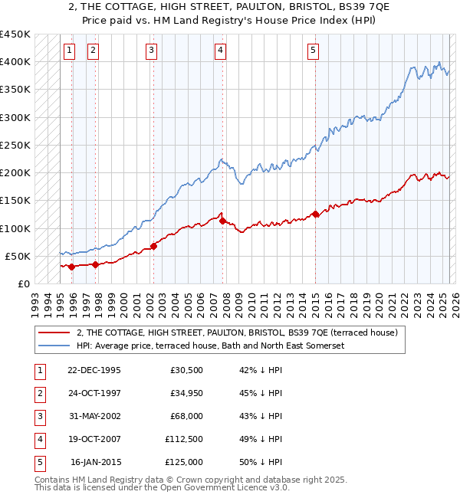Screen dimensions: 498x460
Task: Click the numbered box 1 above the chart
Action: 70,51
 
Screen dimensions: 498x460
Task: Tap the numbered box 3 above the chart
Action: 151,51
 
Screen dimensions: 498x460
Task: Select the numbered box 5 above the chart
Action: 314,51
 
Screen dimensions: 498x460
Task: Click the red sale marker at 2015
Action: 315,214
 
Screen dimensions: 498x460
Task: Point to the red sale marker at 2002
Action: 153,246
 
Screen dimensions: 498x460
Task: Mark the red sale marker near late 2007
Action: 222,221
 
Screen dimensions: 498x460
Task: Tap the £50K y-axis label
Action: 18,256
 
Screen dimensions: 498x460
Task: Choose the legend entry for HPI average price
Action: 210,346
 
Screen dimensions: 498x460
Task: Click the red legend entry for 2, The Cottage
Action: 236,333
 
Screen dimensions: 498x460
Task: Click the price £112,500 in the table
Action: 184,440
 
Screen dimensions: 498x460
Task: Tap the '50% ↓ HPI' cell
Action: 261,463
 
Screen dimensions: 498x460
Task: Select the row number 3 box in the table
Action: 39,418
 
